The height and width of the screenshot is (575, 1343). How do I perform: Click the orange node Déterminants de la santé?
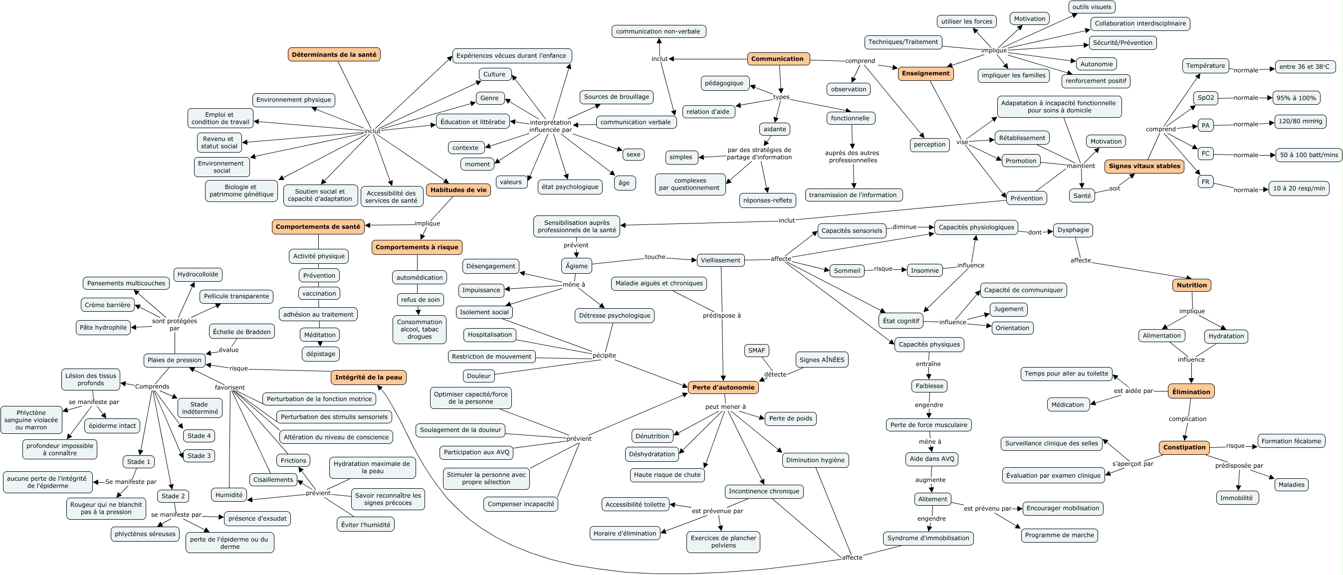334,55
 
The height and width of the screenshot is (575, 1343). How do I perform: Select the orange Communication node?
777,59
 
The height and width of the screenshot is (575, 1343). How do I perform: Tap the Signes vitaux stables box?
1144,166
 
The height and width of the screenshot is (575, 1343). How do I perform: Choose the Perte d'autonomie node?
723,387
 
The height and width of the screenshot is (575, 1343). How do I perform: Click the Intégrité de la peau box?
368,378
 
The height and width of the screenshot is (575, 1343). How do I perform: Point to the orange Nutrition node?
1191,285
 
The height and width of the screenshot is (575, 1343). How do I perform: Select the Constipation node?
1184,447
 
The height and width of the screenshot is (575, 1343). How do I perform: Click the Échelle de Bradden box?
242,332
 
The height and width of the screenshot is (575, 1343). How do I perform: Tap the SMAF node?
756,350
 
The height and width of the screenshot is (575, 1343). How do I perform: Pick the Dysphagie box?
1073,230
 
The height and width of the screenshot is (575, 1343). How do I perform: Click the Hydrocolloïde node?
198,274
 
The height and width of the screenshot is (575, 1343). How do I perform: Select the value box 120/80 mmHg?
1300,122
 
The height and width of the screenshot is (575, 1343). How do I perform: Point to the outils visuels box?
1091,7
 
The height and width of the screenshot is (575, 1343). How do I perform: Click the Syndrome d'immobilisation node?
928,538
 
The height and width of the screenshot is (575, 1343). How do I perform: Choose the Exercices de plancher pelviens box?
723,542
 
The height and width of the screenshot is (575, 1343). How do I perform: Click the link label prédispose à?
721,315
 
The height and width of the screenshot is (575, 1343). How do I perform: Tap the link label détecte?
775,375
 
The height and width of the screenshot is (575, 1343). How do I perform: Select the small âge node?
624,183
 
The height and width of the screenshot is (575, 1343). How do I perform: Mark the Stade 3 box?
199,456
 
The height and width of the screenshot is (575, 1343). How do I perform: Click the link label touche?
655,257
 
